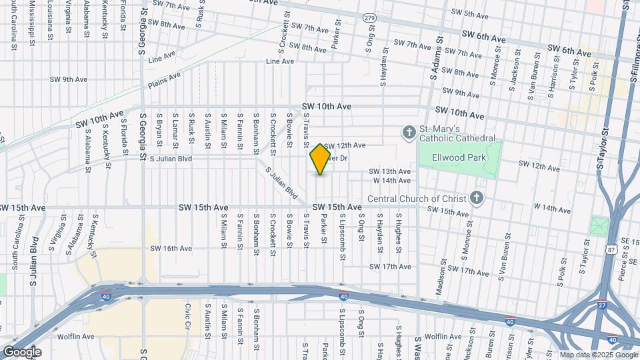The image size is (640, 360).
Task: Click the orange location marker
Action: coord(321,159)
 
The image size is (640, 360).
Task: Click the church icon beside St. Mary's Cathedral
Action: coord(409,133)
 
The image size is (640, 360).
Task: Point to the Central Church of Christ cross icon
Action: coord(476,197)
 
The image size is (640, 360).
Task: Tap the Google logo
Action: coord(22,352)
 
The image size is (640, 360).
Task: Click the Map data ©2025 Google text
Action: coord(598,355)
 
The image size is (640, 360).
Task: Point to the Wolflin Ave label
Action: coord(75,337)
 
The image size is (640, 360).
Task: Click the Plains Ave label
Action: coord(164,81)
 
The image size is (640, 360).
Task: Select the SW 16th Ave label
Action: coord(171,249)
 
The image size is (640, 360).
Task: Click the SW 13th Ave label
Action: coord(391,171)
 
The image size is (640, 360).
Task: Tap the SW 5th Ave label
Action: coord(470,13)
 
